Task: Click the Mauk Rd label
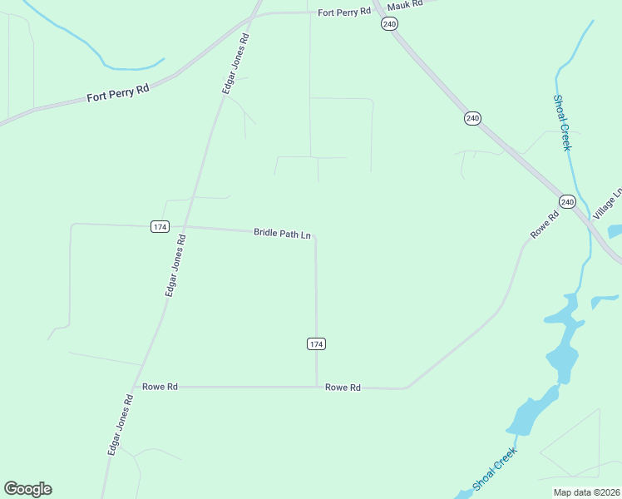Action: coord(405,4)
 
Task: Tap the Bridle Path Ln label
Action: coord(282,235)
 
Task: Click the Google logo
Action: coord(27,489)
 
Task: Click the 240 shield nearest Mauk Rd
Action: coord(390,24)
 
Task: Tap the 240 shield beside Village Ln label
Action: coord(567,202)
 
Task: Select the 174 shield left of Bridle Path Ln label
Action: coord(160,226)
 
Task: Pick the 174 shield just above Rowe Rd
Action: coord(316,343)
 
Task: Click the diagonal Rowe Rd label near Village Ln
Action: coord(545,225)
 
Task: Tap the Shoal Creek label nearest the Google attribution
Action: coord(495,468)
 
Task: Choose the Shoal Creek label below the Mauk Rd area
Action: coord(563,123)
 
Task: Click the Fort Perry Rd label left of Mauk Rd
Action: coord(343,12)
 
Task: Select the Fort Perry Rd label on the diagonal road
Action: coord(117,91)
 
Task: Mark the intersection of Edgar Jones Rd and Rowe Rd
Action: coord(133,387)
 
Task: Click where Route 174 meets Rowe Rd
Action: coord(317,387)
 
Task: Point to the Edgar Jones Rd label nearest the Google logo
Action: coord(120,425)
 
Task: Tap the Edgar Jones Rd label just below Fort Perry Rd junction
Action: coord(235,63)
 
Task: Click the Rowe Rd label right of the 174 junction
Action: coord(343,388)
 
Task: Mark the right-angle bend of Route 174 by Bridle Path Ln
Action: coord(315,236)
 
